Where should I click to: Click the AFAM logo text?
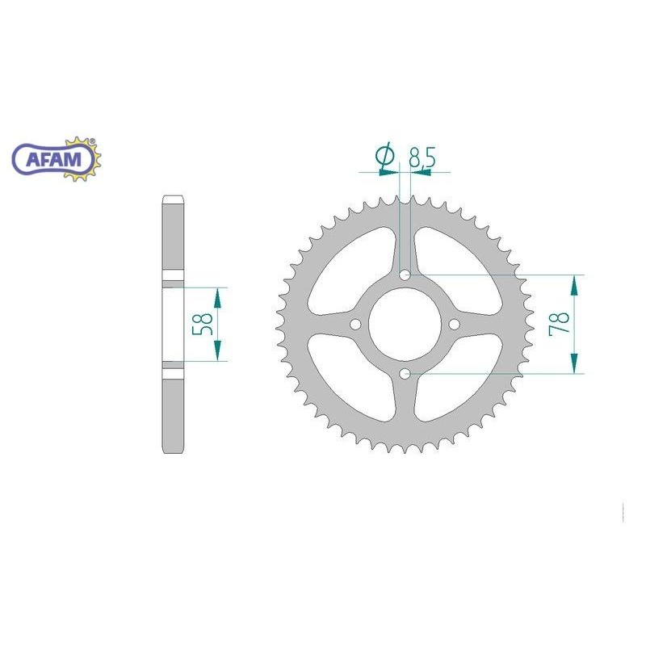(x=53, y=159)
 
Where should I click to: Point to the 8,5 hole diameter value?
(x=422, y=157)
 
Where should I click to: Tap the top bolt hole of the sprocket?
(x=405, y=275)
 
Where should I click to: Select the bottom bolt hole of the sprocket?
(x=405, y=374)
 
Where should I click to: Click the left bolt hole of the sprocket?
(x=355, y=325)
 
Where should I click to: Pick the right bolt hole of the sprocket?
(x=455, y=325)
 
